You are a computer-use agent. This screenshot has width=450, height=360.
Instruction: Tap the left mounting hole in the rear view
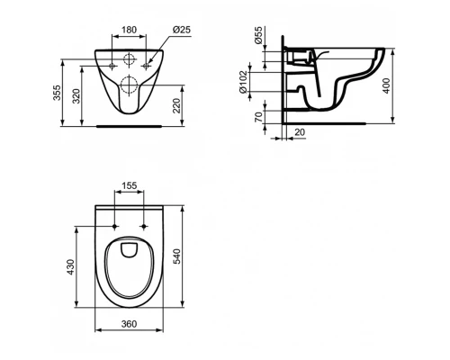point(111,66)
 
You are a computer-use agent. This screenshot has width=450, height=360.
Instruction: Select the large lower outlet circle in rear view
point(128,88)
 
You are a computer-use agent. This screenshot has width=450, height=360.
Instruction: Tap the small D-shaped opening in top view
point(130,246)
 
